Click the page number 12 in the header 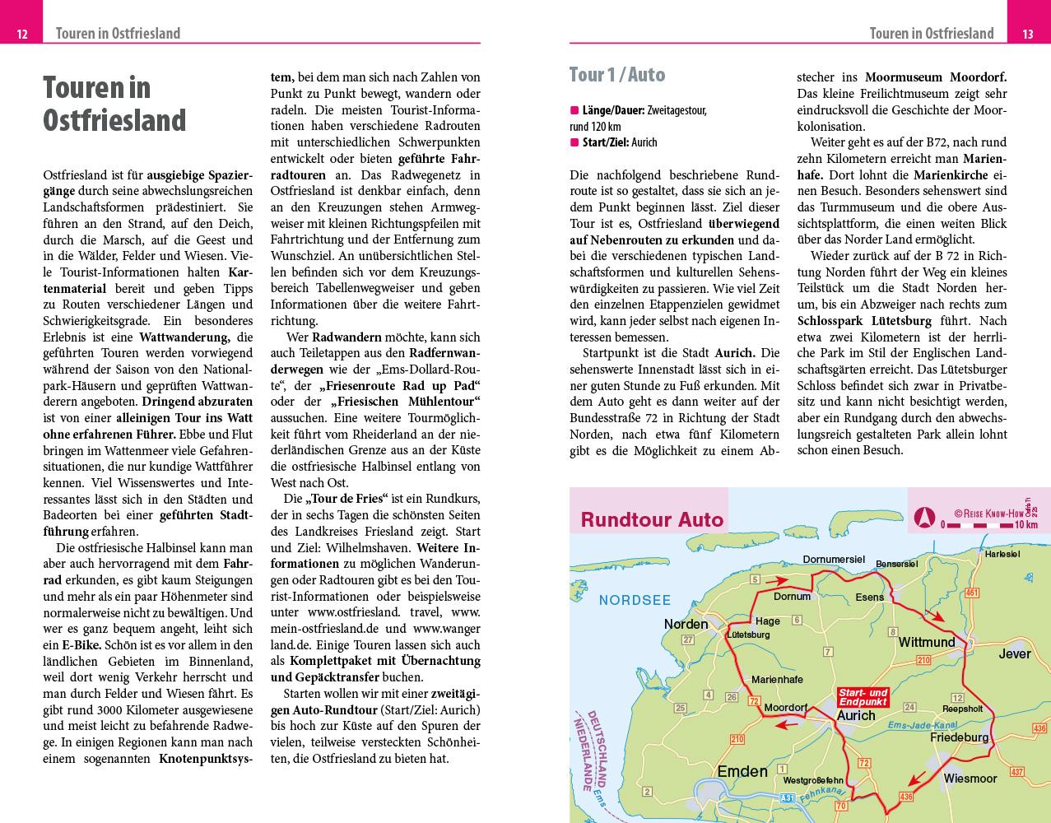[22, 34]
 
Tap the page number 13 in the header [1028, 34]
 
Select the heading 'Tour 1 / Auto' [616, 75]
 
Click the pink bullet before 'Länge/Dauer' [574, 110]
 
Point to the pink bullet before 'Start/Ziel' [574, 142]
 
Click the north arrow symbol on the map [923, 518]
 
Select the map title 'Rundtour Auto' [652, 519]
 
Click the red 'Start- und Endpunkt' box [863, 697]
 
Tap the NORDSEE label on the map [635, 600]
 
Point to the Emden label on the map [742, 771]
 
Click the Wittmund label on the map [926, 642]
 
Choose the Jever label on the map [1014, 653]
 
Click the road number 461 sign [973, 593]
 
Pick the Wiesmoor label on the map [970, 778]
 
